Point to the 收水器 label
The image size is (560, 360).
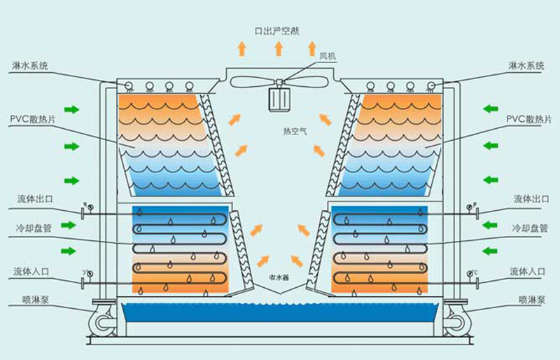[279, 277]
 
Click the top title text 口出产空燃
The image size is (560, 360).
[278, 30]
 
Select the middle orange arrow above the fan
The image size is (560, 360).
[278, 48]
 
